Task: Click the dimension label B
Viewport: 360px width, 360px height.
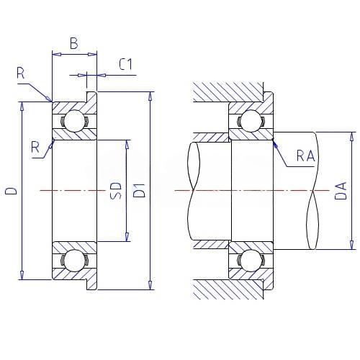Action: pyautogui.click(x=74, y=43)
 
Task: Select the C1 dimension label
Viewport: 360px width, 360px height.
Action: pyautogui.click(x=125, y=64)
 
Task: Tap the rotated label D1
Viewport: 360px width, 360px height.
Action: pyautogui.click(x=139, y=191)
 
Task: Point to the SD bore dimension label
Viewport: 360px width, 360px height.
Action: pyautogui.click(x=116, y=191)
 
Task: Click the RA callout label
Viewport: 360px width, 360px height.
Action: pyautogui.click(x=305, y=156)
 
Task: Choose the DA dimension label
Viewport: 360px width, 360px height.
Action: pyautogui.click(x=341, y=191)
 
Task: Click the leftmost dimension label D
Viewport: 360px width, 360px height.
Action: pyautogui.click(x=11, y=191)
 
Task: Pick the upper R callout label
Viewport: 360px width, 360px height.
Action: pyautogui.click(x=21, y=73)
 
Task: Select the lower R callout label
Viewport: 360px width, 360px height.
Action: pyautogui.click(x=35, y=147)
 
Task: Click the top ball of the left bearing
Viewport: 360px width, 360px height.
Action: pyautogui.click(x=75, y=121)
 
